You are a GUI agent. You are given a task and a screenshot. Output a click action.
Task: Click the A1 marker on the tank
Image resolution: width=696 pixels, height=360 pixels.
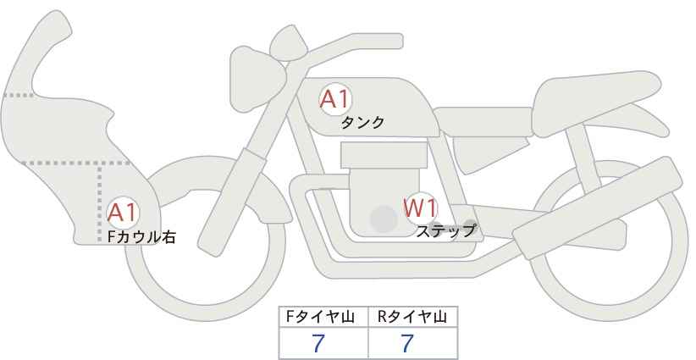pyautogui.click(x=334, y=100)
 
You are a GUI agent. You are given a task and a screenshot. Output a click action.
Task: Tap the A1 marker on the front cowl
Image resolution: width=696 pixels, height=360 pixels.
pyautogui.click(x=123, y=213)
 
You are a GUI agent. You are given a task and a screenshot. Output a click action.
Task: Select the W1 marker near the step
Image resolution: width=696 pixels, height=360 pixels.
pyautogui.click(x=419, y=208)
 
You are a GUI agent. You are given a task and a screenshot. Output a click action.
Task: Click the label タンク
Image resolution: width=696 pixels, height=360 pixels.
pyautogui.click(x=362, y=123)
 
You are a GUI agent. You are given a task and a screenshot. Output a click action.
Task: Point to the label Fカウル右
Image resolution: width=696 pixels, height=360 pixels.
pyautogui.click(x=141, y=238)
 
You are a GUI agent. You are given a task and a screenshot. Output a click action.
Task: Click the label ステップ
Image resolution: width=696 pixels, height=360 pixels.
pyautogui.click(x=446, y=230)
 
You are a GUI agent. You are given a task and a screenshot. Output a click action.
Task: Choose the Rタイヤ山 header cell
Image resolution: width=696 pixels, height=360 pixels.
pyautogui.click(x=413, y=317)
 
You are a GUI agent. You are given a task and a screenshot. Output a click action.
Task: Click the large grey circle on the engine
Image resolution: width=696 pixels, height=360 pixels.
pyautogui.click(x=384, y=219)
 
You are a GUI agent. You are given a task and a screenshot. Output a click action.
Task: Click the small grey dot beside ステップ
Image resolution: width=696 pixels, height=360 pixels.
pyautogui.click(x=471, y=224)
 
